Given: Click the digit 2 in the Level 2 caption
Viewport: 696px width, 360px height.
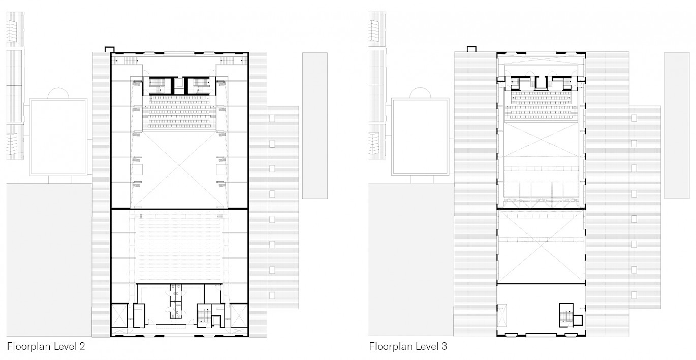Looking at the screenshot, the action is tap(82, 346).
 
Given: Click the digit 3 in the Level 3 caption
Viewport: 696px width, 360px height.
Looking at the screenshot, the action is tap(444, 346).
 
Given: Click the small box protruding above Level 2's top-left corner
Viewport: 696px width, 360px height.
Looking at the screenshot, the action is tap(109, 49).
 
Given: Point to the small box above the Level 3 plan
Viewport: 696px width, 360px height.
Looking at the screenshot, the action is tap(471, 49).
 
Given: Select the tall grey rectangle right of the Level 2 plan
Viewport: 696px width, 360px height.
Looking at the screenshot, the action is tap(315, 125).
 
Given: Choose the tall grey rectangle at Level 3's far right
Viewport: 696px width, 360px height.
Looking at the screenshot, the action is tap(677, 125).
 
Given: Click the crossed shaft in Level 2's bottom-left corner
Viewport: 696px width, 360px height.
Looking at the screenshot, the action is tap(119, 316).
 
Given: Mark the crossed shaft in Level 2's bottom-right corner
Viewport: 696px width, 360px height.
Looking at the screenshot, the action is tap(239, 316).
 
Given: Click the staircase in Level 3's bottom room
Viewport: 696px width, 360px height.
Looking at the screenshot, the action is tap(566, 315).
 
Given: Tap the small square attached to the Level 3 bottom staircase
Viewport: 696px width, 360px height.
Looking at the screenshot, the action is tap(578, 320).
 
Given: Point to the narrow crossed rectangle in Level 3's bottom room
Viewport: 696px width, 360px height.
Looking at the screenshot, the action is tap(502, 316).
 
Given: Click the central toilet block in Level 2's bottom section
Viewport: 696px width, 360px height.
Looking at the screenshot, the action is tap(176, 301).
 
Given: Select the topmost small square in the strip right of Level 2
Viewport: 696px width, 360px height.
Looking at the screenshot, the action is tap(272, 118).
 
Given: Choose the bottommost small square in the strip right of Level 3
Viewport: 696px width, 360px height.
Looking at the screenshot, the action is tap(634, 295).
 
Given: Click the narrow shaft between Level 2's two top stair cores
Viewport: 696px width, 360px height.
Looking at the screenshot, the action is tap(179, 85).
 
